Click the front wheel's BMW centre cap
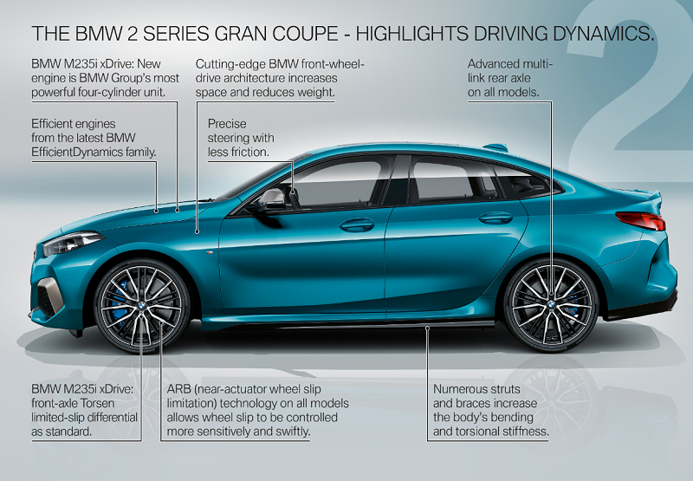[141, 305]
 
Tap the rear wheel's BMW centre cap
[552, 304]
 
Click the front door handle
[357, 225]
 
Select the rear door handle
[495, 218]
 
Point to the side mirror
[269, 201]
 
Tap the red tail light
[641, 221]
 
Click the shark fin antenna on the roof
[495, 146]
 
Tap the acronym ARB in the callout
[178, 389]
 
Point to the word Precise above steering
[227, 123]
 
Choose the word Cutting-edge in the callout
[230, 64]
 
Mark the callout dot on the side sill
[427, 328]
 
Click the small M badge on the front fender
[210, 252]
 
